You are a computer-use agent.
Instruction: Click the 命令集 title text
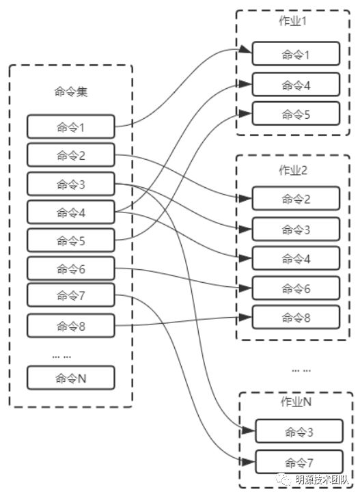point(71,92)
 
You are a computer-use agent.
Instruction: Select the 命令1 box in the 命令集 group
point(71,126)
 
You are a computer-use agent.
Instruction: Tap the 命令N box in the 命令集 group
point(71,378)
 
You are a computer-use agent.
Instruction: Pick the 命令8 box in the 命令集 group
point(71,325)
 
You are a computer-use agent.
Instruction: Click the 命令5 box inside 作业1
point(296,113)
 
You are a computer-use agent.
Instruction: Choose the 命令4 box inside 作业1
point(296,85)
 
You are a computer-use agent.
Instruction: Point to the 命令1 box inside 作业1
point(296,54)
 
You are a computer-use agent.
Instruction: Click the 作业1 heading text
point(292,21)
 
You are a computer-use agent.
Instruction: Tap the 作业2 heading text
point(293,170)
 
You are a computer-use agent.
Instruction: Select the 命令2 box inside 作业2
point(296,198)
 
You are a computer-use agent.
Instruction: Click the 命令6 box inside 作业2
point(296,288)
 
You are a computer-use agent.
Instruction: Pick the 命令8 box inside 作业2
point(296,317)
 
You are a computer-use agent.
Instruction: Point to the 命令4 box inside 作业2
point(296,258)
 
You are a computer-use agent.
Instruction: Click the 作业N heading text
point(296,402)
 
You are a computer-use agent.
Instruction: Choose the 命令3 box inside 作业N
point(299,431)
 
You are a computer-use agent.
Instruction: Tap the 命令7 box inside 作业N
point(299,462)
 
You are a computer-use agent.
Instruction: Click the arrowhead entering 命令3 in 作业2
point(246,229)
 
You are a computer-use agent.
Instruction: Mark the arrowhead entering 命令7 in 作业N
point(249,462)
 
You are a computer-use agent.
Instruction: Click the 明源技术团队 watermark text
point(322,480)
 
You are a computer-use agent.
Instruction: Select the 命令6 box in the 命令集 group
point(71,268)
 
